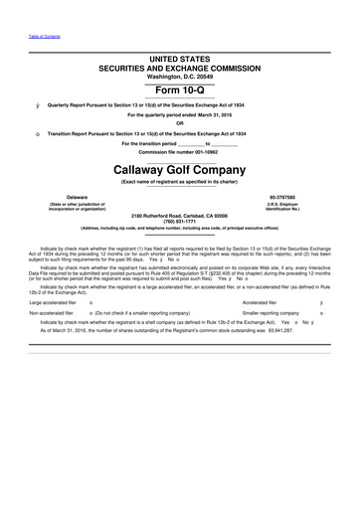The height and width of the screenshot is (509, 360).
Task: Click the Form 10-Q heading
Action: pyautogui.click(x=180, y=86)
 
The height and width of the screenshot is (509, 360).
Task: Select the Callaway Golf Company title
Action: pyautogui.click(x=180, y=169)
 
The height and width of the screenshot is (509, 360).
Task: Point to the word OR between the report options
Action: pyautogui.click(x=180, y=123)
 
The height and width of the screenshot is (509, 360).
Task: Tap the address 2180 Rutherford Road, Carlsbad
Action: pyautogui.click(x=180, y=215)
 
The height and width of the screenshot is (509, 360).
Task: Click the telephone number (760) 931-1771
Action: pyautogui.click(x=180, y=221)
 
